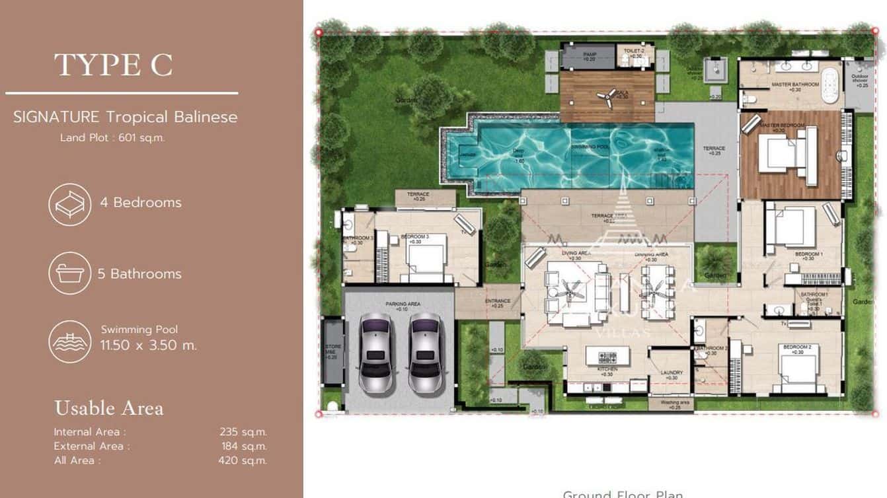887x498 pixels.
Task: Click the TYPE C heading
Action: tap(113, 65)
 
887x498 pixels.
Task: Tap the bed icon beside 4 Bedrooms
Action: tap(69, 204)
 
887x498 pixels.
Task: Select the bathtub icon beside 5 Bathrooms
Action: tap(69, 273)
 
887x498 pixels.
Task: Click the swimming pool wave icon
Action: tap(69, 341)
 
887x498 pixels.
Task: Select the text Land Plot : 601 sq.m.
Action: tap(112, 138)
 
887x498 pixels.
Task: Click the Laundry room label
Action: tap(671, 373)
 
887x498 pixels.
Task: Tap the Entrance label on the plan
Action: tap(497, 302)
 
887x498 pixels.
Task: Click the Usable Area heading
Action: tap(108, 408)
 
